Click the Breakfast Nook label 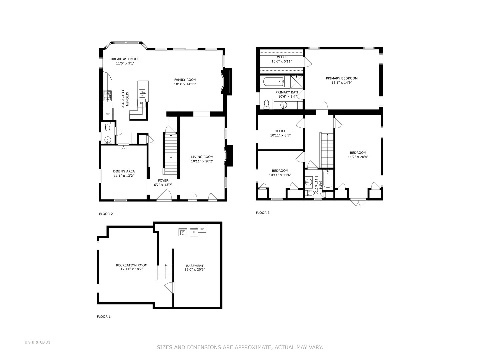(x=125, y=59)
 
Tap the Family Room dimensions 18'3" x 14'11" (x=185, y=84)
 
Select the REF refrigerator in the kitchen (x=108, y=114)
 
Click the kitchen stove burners (x=108, y=96)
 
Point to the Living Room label (x=202, y=157)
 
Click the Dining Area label (x=124, y=171)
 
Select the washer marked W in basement (x=183, y=232)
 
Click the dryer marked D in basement (x=194, y=232)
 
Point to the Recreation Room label (x=132, y=265)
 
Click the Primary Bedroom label (x=342, y=78)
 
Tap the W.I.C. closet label (x=282, y=57)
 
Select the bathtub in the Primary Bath (x=273, y=81)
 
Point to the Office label (x=280, y=131)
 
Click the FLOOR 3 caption (x=263, y=213)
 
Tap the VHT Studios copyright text (x=37, y=342)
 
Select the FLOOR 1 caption (x=104, y=317)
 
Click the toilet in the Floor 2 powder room (x=107, y=127)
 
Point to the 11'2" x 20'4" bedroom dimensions (x=358, y=157)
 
